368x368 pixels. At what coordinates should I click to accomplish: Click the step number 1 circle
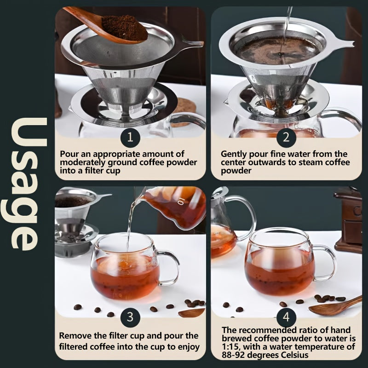130,138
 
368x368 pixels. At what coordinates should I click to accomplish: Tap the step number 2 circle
286,138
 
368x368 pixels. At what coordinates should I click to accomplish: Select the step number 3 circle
130,317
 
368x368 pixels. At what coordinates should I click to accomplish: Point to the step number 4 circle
286,317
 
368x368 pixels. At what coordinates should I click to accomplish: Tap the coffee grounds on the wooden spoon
124,28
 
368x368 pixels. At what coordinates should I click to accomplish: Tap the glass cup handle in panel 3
169,268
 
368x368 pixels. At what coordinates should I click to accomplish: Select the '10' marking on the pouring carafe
180,201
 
